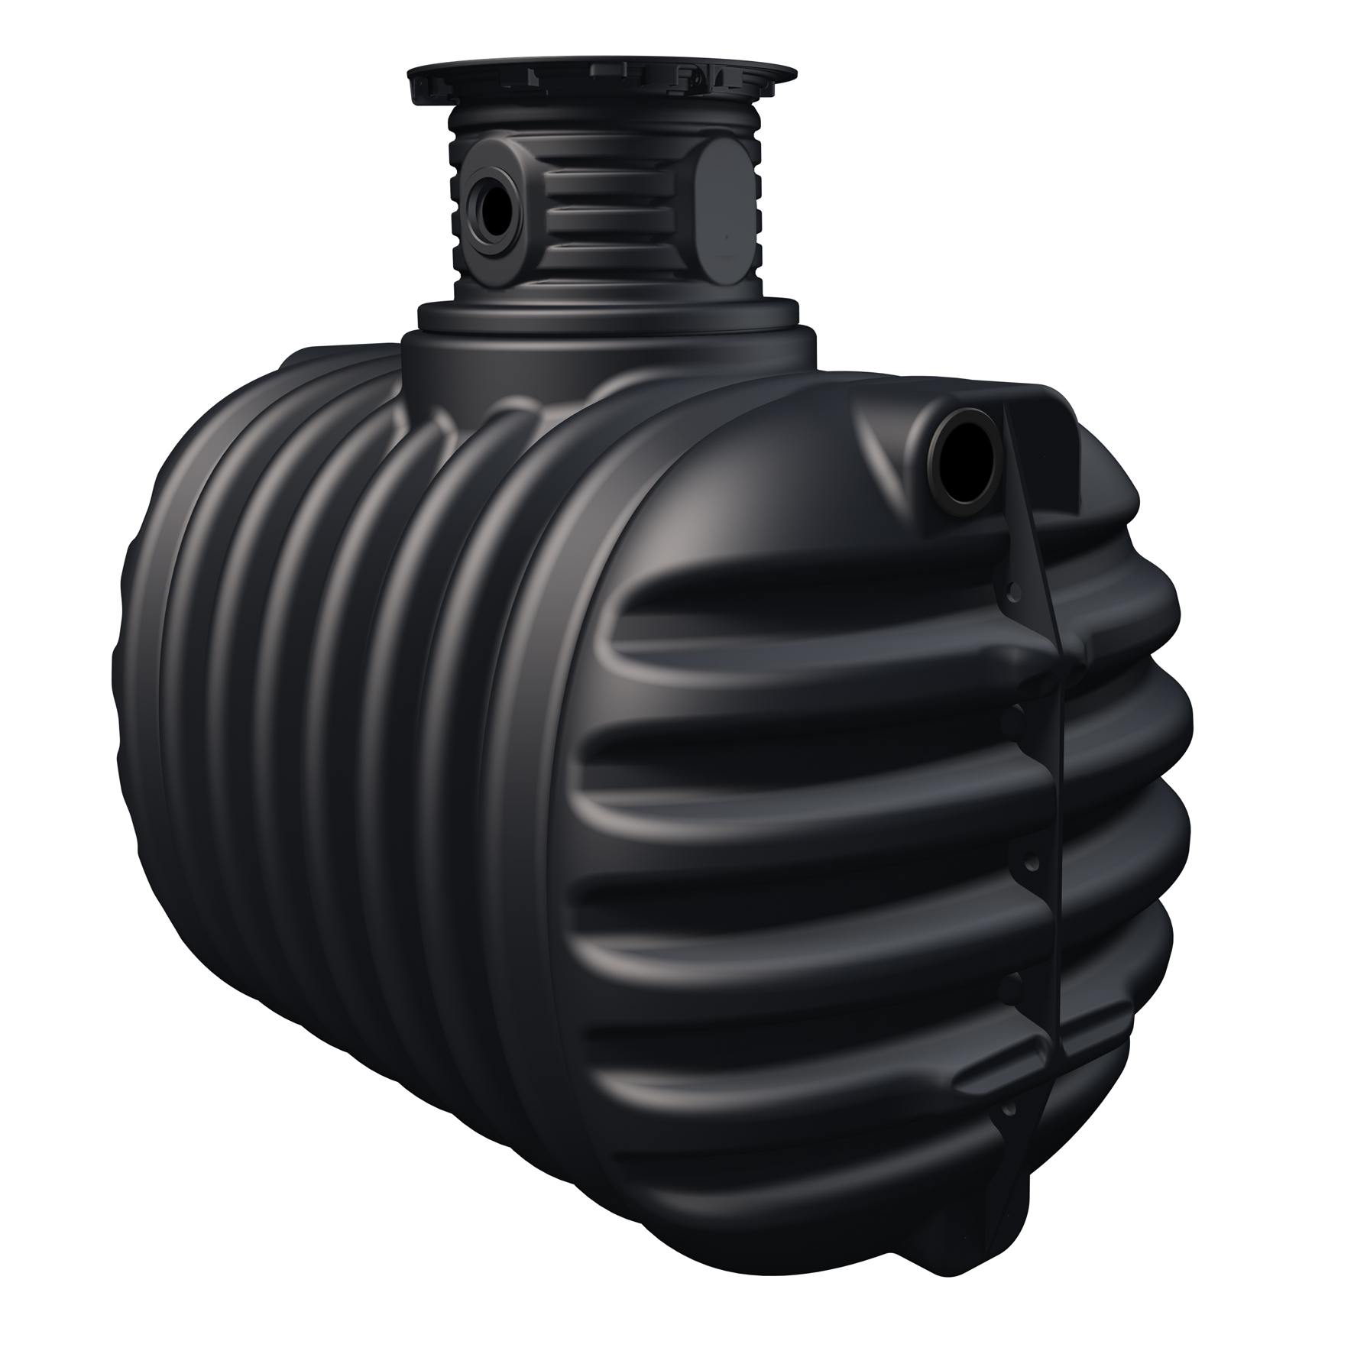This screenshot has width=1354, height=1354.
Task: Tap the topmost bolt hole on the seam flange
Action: click(x=1013, y=590)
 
